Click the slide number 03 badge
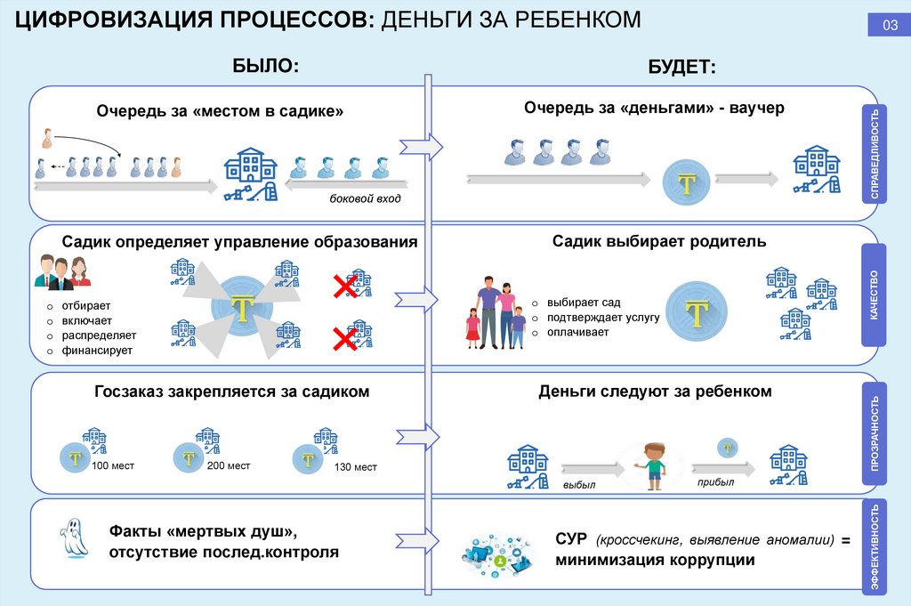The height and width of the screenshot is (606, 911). coord(890,25)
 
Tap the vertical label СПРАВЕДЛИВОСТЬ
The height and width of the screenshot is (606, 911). coord(876,153)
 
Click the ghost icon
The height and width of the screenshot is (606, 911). coord(72,538)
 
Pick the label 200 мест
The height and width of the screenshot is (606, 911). coord(228,465)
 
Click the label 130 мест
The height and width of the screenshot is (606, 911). coord(355,467)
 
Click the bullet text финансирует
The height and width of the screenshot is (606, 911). coord(97,351)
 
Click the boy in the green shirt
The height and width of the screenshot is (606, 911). coord(655,463)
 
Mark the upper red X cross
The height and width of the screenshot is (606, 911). coord(344,286)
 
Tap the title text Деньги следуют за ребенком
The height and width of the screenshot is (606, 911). coord(654,392)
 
